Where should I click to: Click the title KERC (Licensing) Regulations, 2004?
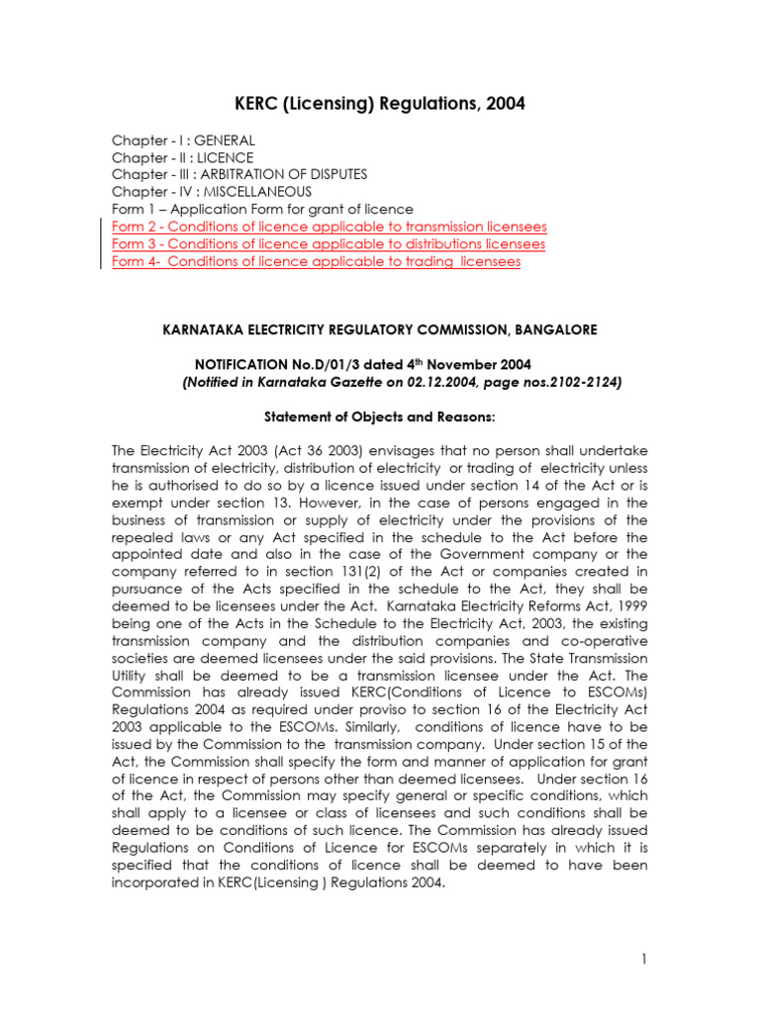click(x=379, y=103)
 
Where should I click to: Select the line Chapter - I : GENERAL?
click(x=183, y=140)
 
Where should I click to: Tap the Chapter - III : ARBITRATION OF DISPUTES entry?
click(x=239, y=174)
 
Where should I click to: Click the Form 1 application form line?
click(x=262, y=209)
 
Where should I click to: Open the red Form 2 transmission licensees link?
click(x=328, y=227)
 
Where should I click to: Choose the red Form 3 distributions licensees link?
click(x=328, y=243)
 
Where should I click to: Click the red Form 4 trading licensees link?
click(x=316, y=261)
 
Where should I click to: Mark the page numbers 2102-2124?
click(x=582, y=382)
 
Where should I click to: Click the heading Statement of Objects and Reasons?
click(x=379, y=416)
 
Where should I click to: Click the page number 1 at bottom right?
click(x=643, y=959)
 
